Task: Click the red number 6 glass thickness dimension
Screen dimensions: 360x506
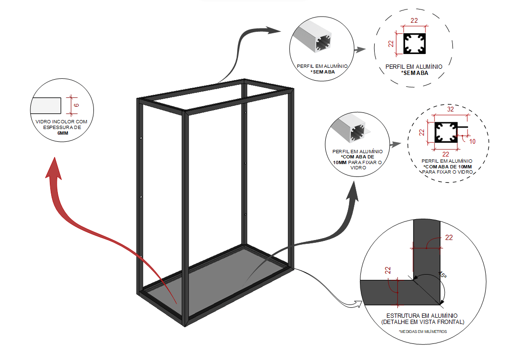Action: (76, 104)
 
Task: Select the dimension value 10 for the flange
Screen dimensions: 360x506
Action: (471, 141)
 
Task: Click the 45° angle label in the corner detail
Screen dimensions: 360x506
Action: (442, 274)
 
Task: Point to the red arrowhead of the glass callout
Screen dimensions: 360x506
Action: (54, 168)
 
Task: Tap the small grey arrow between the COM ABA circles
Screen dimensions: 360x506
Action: (395, 143)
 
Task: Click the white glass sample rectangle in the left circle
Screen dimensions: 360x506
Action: (46, 105)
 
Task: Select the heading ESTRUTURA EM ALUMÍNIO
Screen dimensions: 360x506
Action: (422, 315)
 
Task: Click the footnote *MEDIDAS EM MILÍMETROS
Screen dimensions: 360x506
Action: (423, 332)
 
